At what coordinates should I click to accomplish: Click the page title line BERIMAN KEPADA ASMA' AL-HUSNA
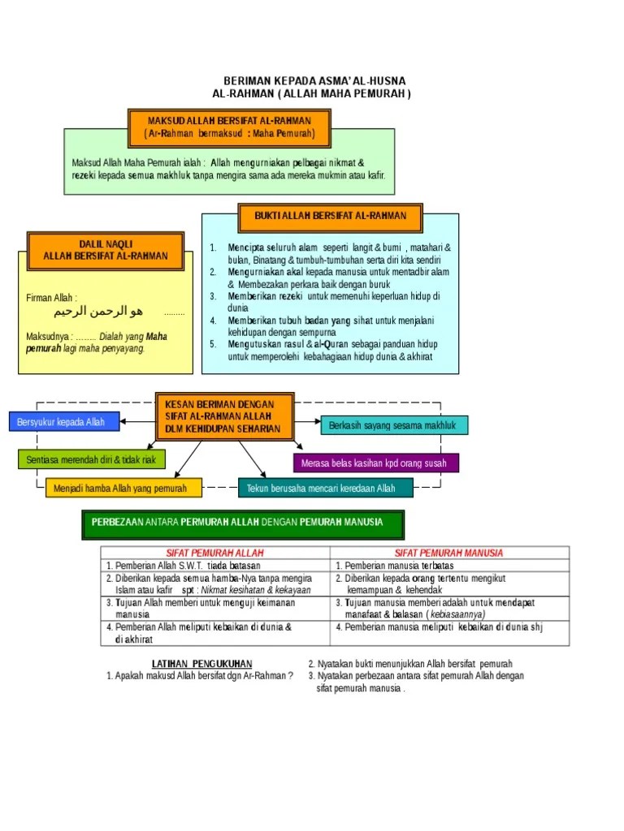pyautogui.click(x=314, y=81)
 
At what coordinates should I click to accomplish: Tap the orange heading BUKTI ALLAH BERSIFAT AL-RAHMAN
pyautogui.click(x=330, y=216)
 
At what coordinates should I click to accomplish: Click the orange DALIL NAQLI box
pyautogui.click(x=106, y=250)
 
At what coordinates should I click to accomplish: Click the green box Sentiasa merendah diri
pyautogui.click(x=91, y=460)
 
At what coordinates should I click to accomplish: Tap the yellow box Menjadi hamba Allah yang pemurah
pyautogui.click(x=120, y=488)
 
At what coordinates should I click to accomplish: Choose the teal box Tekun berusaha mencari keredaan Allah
pyautogui.click(x=326, y=488)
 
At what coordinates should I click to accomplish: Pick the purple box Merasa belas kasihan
pyautogui.click(x=375, y=463)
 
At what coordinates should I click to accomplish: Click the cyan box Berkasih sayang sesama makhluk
pyautogui.click(x=394, y=425)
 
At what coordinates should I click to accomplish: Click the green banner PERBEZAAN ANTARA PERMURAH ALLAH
pyautogui.click(x=243, y=524)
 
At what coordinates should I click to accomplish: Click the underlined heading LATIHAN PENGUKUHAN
pyautogui.click(x=202, y=664)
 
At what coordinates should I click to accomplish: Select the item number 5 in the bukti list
pyautogui.click(x=212, y=344)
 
